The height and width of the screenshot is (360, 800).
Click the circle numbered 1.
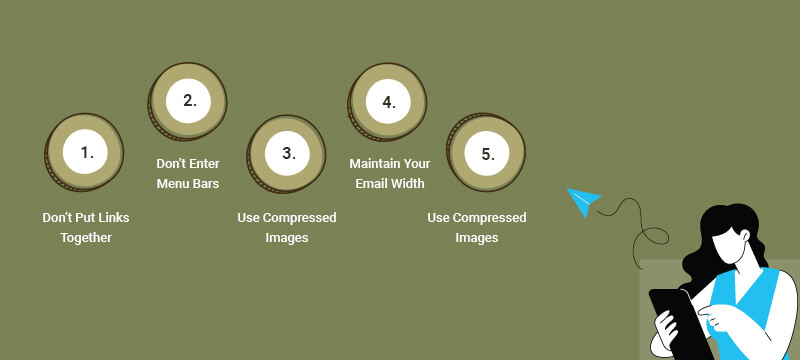click(x=86, y=153)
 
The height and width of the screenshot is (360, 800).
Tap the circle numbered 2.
click(x=188, y=101)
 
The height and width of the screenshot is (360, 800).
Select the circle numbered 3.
click(x=288, y=153)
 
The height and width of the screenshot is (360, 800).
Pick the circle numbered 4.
click(x=388, y=101)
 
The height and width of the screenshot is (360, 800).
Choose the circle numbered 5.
click(x=487, y=153)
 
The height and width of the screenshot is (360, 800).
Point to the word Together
click(x=86, y=238)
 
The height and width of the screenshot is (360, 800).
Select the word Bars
click(x=206, y=184)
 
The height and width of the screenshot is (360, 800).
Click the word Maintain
click(x=375, y=163)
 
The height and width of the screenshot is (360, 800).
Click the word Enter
click(x=202, y=163)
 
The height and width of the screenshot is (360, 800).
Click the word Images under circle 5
click(x=477, y=238)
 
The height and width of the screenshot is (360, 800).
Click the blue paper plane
click(x=582, y=201)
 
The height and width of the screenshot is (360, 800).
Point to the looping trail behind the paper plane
click(x=640, y=225)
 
